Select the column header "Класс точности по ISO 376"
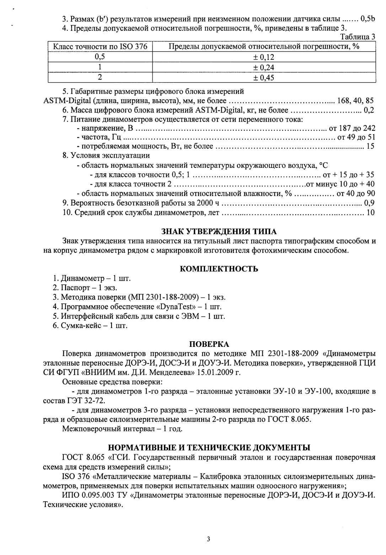(x=100, y=47)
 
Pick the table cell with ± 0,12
(x=263, y=57)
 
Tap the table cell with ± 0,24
(x=263, y=67)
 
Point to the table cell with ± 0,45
(x=263, y=77)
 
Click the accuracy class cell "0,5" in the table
(x=100, y=57)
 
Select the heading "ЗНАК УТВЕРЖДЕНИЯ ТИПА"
(x=219, y=232)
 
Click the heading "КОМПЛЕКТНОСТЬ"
(x=219, y=269)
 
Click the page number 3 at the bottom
(x=209, y=539)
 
